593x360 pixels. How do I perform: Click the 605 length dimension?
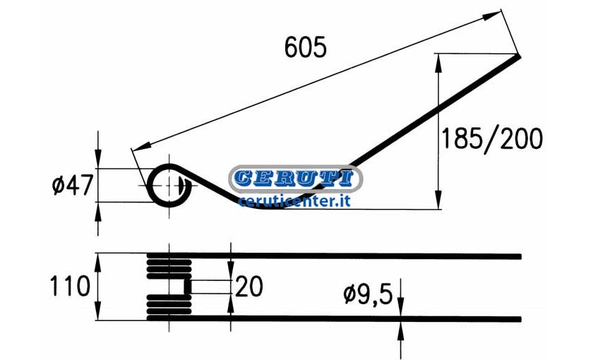(x=305, y=47)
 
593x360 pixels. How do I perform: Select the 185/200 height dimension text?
(x=492, y=139)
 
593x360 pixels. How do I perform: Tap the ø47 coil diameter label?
(x=72, y=186)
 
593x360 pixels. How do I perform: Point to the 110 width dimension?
(x=70, y=286)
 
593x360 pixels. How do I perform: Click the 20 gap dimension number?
(x=248, y=287)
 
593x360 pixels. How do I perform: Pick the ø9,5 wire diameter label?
(x=369, y=294)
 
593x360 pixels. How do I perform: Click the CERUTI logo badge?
(x=296, y=179)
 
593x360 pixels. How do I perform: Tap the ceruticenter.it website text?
(x=294, y=201)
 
